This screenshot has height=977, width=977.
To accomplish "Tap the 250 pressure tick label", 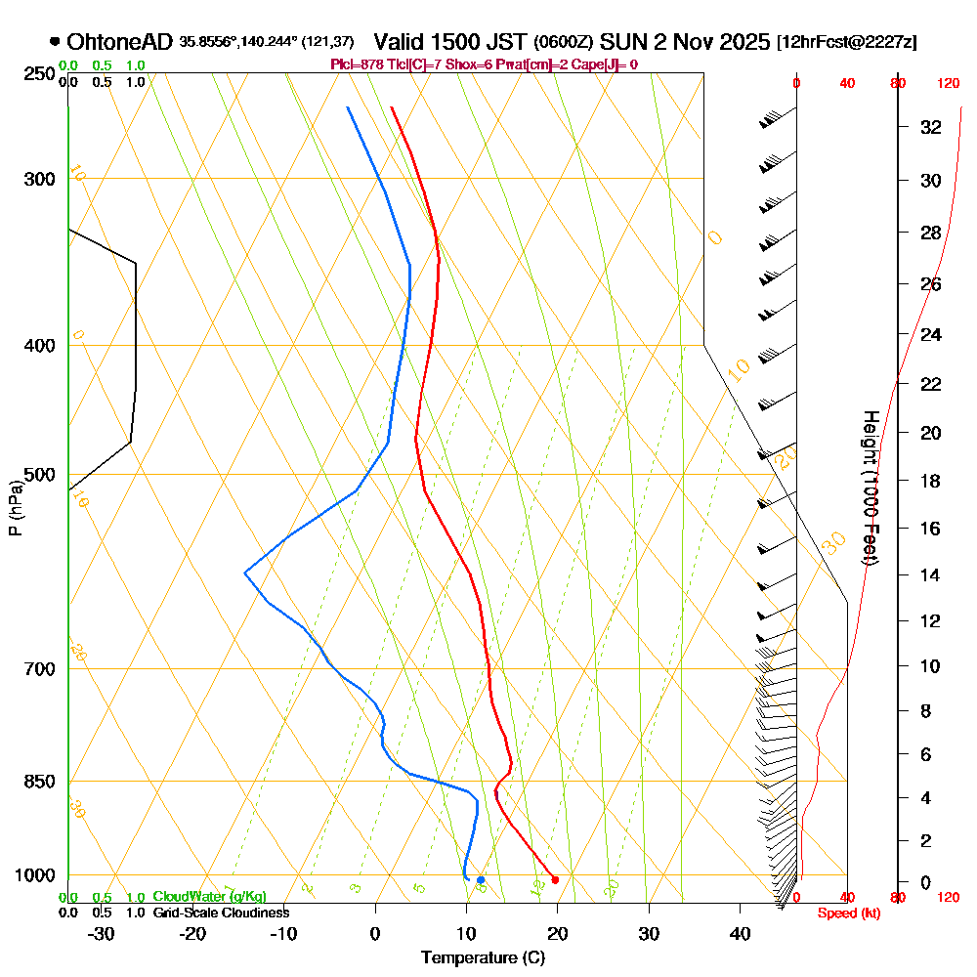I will [39, 74].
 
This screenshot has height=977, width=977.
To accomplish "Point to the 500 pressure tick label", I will [39, 475].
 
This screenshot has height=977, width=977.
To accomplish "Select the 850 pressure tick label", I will [39, 782].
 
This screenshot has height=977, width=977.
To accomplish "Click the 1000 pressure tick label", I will [36, 875].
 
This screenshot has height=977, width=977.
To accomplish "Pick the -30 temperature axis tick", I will [102, 933].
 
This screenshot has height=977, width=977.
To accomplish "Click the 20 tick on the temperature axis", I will [558, 933].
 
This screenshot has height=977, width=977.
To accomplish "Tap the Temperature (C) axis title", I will [483, 958].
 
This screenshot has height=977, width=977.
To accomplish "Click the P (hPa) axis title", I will [15, 507].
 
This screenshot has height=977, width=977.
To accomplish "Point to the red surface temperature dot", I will [555, 880].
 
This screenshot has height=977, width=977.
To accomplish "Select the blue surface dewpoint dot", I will [481, 880].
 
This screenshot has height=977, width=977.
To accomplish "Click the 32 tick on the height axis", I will [930, 127].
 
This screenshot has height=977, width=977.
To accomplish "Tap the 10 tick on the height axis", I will [930, 666].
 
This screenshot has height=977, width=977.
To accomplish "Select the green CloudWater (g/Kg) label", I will [209, 897].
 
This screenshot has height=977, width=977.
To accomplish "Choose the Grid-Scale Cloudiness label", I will [221, 913].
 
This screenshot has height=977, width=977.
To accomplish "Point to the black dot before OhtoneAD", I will [55, 42].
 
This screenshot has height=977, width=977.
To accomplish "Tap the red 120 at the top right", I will [948, 84].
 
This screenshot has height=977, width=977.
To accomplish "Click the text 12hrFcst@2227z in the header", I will [846, 42].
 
